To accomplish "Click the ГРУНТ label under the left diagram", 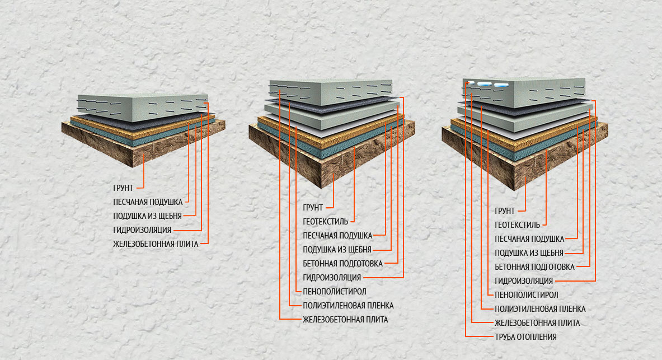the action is click(x=123, y=188).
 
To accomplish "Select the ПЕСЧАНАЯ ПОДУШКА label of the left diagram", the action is click(x=148, y=202).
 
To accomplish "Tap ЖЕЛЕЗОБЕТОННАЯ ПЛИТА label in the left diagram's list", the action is click(x=156, y=244).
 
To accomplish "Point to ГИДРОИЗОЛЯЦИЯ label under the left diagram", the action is click(x=142, y=230).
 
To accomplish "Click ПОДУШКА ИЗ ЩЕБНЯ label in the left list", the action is click(x=147, y=216).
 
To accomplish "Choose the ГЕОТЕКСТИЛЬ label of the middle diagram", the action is click(x=326, y=221).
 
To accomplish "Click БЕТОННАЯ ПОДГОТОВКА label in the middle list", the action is click(x=342, y=264).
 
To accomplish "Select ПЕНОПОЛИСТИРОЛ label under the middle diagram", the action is click(x=335, y=292).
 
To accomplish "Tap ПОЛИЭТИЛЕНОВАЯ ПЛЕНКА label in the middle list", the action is click(x=348, y=306).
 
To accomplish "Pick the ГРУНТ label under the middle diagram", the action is click(x=313, y=208).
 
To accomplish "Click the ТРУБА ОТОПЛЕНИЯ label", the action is click(x=525, y=336).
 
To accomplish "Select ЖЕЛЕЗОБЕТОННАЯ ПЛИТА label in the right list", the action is click(x=537, y=323).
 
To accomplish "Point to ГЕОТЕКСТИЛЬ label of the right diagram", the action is click(x=518, y=225).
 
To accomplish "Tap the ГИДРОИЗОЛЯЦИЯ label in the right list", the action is click(x=524, y=281).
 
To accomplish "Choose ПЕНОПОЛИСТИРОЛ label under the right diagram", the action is click(x=527, y=295).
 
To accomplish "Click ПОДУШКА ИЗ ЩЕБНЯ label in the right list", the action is click(x=529, y=253).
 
